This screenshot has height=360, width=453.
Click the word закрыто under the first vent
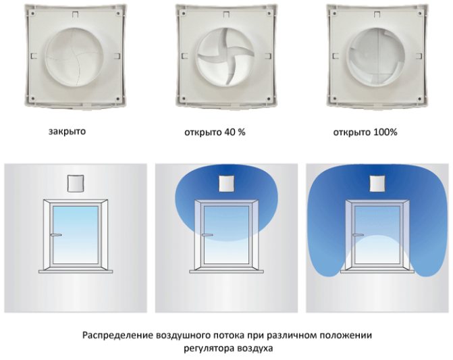pyautogui.click(x=67, y=132)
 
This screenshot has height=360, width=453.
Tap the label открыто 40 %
pyautogui.click(x=215, y=132)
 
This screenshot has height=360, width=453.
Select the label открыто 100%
pyautogui.click(x=365, y=132)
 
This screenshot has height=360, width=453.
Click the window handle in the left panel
pyautogui.click(x=56, y=235)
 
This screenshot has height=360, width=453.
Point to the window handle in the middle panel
pyautogui.click(x=207, y=235)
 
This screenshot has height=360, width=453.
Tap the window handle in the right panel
pyautogui.click(x=358, y=235)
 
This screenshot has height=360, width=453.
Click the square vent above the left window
pyautogui.click(x=76, y=184)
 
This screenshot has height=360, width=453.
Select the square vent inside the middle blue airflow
pyautogui.click(x=227, y=184)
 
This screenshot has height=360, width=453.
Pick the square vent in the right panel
pyautogui.click(x=377, y=184)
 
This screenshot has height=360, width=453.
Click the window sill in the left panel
pyautogui.click(x=76, y=272)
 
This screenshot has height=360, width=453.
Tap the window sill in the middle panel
pyautogui.click(x=227, y=272)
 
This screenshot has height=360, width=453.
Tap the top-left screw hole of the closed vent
pyautogui.click(x=33, y=14)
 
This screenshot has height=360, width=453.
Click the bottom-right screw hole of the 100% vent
pyautogui.click(x=419, y=99)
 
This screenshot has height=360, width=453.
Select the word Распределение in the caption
pyautogui.click(x=117, y=336)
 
